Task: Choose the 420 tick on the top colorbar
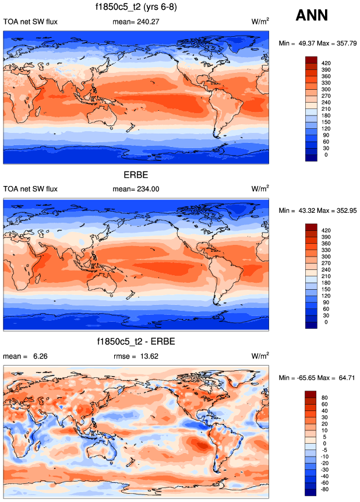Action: [x=326, y=61]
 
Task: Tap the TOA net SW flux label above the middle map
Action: [x=31, y=189]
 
